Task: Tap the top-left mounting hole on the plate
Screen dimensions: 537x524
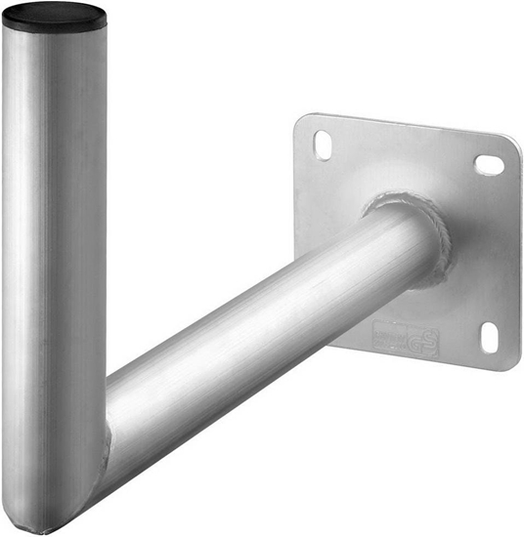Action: (x=323, y=145)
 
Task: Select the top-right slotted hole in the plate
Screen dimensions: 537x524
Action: (x=489, y=164)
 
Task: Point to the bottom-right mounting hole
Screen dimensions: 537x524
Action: (x=489, y=337)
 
